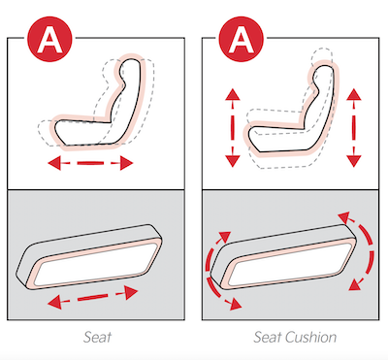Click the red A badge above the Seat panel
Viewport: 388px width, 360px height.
coord(49,40)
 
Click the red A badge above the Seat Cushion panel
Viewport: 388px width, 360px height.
coord(241,40)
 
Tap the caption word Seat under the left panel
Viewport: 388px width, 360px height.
coord(97,337)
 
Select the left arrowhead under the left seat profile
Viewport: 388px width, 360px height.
coord(54,163)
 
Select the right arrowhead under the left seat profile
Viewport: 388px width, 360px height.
coord(126,163)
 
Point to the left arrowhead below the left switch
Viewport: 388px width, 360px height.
coord(54,303)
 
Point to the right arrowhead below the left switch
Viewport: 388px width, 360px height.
coord(131,292)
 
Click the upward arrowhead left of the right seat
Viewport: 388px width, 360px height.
coord(233,94)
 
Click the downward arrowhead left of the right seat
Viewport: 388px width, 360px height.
coord(233,160)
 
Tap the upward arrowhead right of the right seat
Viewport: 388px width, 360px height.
coord(354,94)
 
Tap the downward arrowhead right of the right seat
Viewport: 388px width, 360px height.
coord(354,160)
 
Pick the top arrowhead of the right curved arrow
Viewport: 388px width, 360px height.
coord(344,217)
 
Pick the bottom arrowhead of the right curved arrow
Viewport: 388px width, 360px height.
coord(355,284)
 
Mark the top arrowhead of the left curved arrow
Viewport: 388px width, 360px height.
coord(225,238)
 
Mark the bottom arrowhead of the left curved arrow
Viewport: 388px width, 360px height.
coord(235,304)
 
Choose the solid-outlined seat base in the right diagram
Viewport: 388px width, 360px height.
coord(282,139)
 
